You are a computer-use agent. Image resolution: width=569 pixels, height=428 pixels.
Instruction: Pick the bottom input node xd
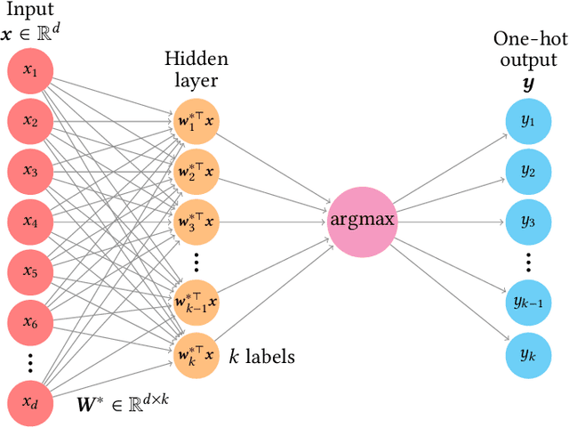(30, 405)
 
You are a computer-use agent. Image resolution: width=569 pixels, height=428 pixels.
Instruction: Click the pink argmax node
(361, 218)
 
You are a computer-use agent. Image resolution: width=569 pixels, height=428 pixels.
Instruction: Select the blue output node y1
(527, 122)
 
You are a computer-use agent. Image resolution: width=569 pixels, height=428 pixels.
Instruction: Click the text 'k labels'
(262, 357)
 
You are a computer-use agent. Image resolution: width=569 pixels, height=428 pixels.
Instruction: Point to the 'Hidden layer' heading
(195, 69)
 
